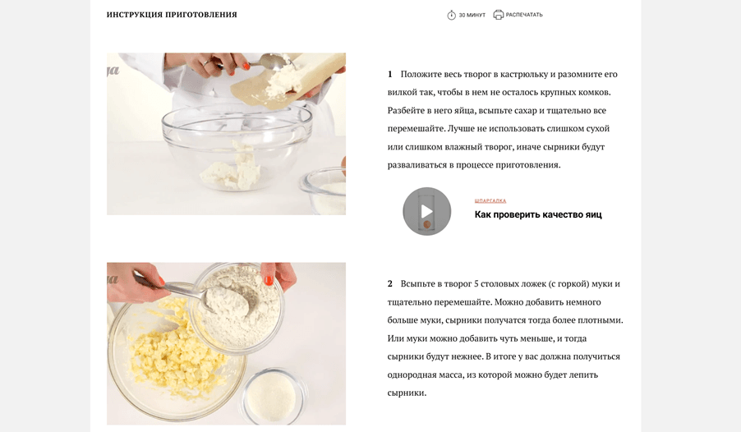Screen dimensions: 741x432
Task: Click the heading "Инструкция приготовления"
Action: (172, 15)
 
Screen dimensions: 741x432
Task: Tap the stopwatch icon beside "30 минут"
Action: (451, 15)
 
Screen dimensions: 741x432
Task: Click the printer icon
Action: (498, 15)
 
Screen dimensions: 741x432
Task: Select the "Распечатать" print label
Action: (524, 15)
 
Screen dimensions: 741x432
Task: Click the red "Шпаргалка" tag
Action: (490, 201)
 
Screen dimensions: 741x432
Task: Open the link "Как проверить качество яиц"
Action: (538, 214)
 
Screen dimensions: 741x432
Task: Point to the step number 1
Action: (390, 74)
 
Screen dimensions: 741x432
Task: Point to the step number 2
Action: (390, 284)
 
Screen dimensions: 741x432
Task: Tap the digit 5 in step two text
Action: (476, 284)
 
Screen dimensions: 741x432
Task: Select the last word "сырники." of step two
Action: (407, 393)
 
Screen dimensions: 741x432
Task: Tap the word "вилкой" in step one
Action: (402, 92)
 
